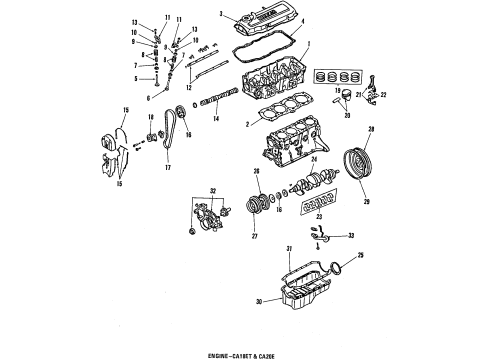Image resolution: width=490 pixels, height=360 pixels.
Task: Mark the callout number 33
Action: click(351, 238)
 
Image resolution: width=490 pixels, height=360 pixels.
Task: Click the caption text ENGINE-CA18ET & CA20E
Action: click(245, 356)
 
